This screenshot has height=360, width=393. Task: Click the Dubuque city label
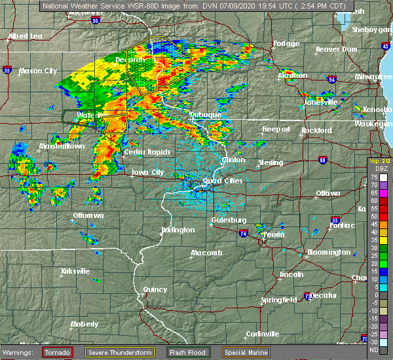click(206, 115)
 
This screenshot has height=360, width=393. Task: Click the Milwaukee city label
click(374, 77)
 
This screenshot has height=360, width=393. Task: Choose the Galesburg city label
click(229, 221)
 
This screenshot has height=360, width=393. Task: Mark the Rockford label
click(316, 130)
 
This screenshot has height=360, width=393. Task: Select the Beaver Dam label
click(336, 50)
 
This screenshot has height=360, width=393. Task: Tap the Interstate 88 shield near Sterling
click(322, 160)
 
